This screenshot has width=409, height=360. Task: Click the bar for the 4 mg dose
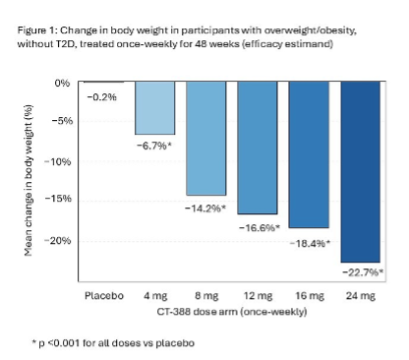(155, 108)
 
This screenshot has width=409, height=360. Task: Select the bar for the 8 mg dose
(206, 139)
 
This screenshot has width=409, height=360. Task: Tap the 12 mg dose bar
(258, 148)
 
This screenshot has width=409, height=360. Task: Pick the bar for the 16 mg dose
(309, 154)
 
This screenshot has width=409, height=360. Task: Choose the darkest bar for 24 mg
(361, 172)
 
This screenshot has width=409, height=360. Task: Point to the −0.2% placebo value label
(102, 97)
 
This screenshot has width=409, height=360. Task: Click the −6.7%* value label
(154, 146)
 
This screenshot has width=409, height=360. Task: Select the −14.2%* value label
(205, 209)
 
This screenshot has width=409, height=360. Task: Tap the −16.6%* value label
(260, 227)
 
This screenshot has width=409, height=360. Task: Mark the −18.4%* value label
(310, 244)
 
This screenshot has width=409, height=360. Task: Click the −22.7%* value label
(363, 272)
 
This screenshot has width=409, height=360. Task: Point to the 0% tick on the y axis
(62, 83)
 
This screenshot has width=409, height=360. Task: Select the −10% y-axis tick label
(57, 161)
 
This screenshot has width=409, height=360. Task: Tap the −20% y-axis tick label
(57, 241)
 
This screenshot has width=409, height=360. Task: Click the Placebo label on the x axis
(104, 296)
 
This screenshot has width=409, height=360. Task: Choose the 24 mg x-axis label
(361, 296)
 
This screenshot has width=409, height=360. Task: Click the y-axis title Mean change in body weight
(29, 180)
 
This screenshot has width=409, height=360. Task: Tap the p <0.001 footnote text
(113, 343)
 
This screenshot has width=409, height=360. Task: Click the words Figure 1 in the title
(37, 30)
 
